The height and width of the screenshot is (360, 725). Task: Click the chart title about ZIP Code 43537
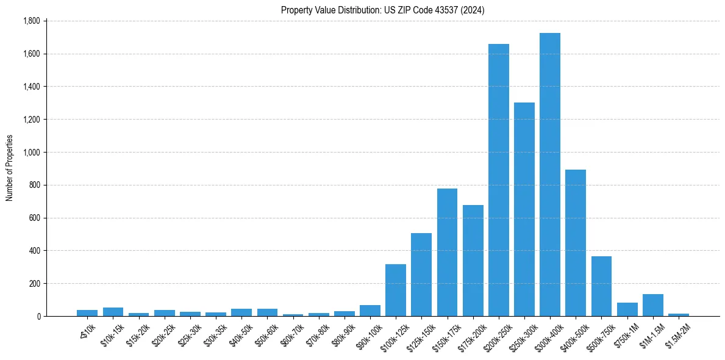pyautogui.click(x=382, y=10)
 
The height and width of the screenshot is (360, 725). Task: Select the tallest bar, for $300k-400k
pyautogui.click(x=550, y=175)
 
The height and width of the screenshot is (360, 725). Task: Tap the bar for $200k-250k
pyautogui.click(x=499, y=180)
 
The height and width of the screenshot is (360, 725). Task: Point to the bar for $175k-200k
pyautogui.click(x=473, y=261)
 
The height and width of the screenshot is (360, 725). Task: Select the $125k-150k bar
pyautogui.click(x=421, y=275)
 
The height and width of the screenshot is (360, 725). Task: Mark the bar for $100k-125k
pyautogui.click(x=396, y=290)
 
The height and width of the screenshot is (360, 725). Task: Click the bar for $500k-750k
pyautogui.click(x=601, y=286)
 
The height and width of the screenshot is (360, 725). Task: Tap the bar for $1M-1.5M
pyautogui.click(x=653, y=305)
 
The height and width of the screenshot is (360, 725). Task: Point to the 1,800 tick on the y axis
pyautogui.click(x=31, y=21)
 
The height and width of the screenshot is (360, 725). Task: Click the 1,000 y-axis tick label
pyautogui.click(x=31, y=152)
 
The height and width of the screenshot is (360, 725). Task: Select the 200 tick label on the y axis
pyautogui.click(x=34, y=283)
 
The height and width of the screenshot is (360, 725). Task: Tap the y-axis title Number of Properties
pyautogui.click(x=9, y=168)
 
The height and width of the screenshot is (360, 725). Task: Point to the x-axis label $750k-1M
pyautogui.click(x=626, y=335)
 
